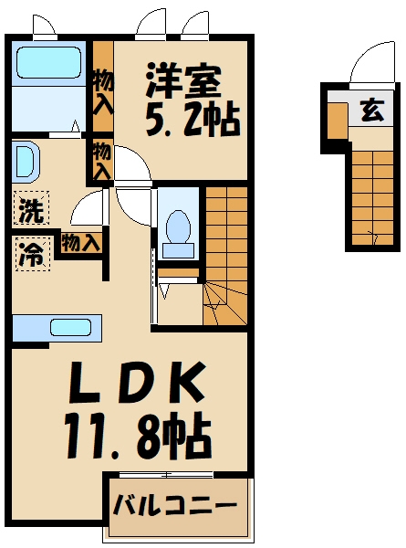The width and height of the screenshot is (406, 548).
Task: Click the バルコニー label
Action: click(x=175, y=505)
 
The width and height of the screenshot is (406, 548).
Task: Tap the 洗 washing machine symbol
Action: click(x=30, y=212)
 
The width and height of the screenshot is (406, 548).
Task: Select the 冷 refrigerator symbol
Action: click(x=30, y=254)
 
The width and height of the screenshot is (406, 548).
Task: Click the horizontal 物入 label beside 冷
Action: click(x=80, y=242)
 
